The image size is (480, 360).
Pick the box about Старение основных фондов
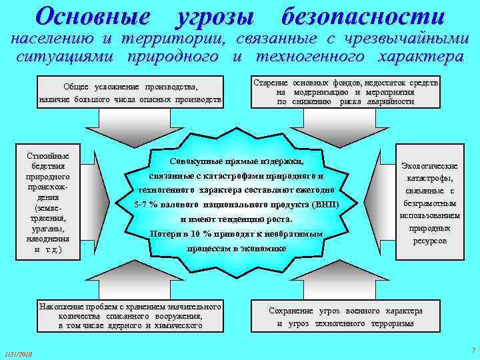point(346,92)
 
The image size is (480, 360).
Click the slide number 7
point(472,350)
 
